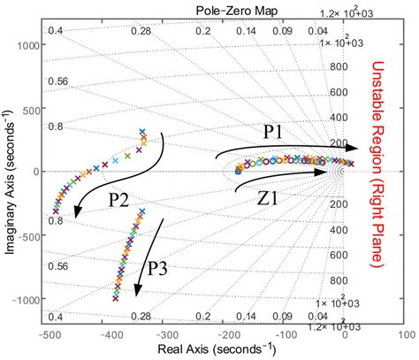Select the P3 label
159,269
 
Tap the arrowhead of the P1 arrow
352,148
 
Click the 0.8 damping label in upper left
56,126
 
